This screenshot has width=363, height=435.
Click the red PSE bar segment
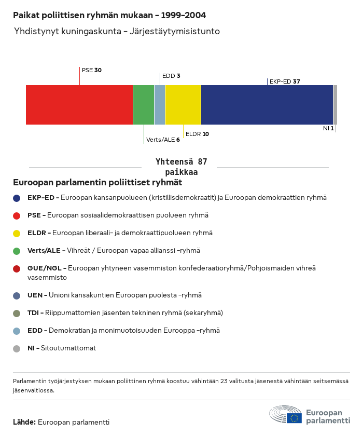(x=79, y=105)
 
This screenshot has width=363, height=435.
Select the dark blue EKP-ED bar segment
(x=267, y=105)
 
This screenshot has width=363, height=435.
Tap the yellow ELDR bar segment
(x=183, y=105)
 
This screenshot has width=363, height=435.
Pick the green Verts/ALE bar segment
(x=144, y=105)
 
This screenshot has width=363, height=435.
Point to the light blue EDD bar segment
(x=160, y=105)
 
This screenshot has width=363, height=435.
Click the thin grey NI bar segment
(x=335, y=105)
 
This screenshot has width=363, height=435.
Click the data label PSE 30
(x=92, y=70)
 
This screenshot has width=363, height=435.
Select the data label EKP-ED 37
(x=285, y=81)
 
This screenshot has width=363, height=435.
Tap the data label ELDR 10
(x=197, y=134)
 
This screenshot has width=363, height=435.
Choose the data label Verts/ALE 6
(x=163, y=140)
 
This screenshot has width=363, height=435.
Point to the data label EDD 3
(x=171, y=76)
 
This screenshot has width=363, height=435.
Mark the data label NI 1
(x=328, y=128)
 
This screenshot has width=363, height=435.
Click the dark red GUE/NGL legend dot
(x=17, y=268)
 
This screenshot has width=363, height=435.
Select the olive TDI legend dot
(x=17, y=313)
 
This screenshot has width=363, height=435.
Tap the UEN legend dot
(x=17, y=295)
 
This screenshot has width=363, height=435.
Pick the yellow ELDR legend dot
(x=17, y=233)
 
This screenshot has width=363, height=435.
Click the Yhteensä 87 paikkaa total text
(x=181, y=167)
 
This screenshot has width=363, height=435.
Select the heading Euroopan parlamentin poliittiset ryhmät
(x=97, y=183)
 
